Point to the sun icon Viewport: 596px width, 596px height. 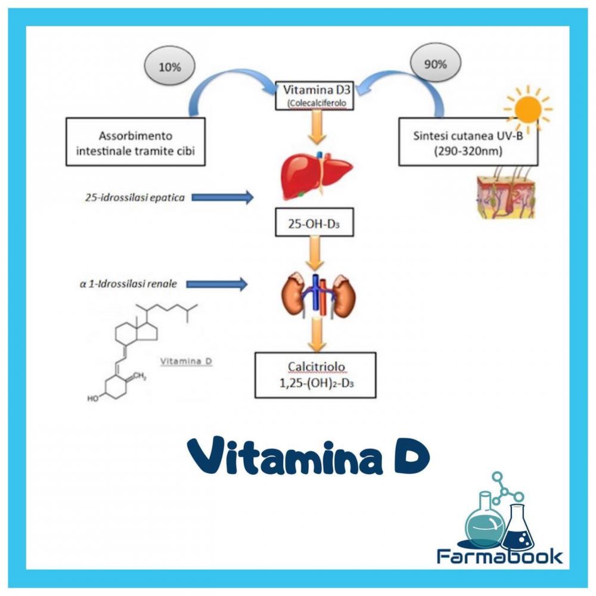527,108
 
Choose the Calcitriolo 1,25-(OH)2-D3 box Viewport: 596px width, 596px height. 315,374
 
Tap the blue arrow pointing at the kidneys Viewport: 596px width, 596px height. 216,284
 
